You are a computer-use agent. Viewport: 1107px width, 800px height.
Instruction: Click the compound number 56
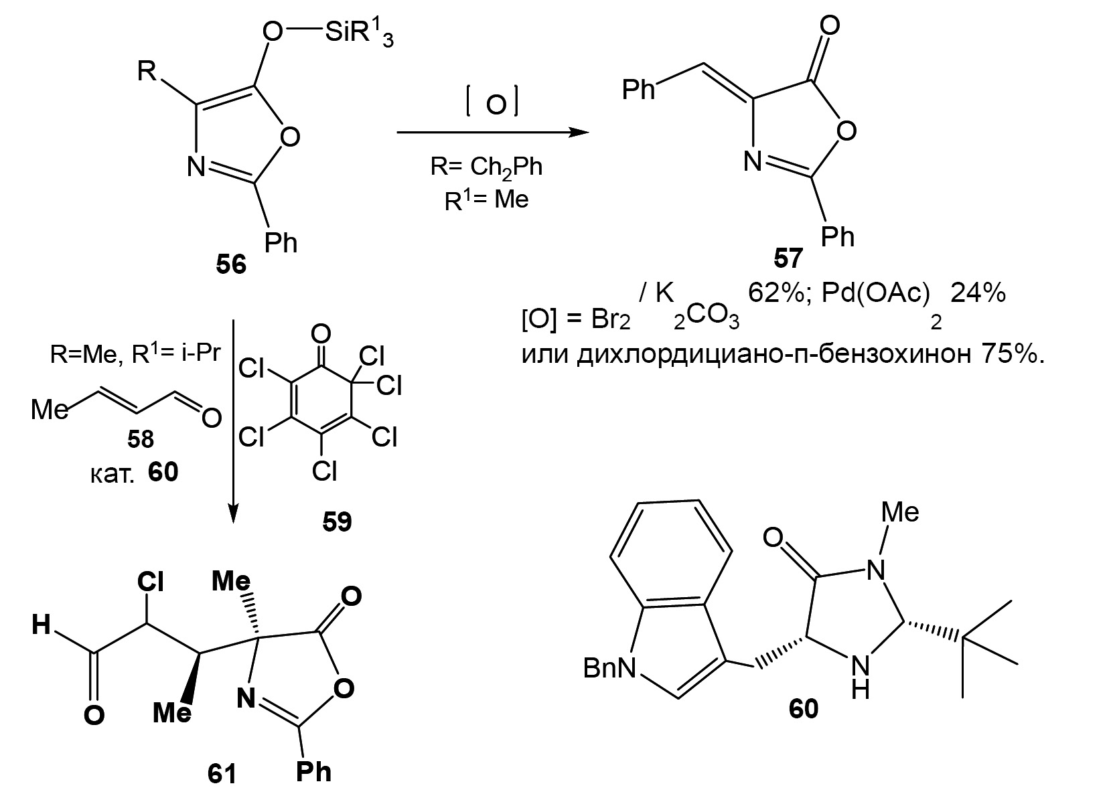click(x=231, y=265)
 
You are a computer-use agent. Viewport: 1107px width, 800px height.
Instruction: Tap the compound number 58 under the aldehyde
click(x=141, y=438)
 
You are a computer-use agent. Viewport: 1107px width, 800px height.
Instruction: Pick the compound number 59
click(x=337, y=522)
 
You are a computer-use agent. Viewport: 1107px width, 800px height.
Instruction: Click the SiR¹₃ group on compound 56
click(x=359, y=35)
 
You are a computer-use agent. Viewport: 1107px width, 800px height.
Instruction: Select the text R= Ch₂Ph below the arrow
click(x=486, y=167)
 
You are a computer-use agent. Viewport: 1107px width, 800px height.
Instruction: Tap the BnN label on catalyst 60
click(x=610, y=669)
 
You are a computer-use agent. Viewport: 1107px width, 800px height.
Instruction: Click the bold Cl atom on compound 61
click(x=150, y=582)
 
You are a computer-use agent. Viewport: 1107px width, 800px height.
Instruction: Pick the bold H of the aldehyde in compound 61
click(x=41, y=625)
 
